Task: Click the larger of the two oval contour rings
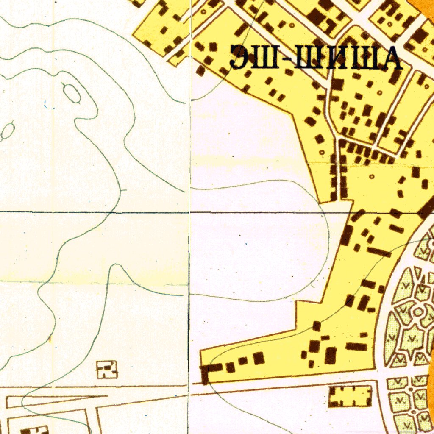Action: coord(72,93)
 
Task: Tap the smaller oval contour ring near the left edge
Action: coord(8,131)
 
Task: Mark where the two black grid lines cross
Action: coord(189,211)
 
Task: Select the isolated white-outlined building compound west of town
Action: coord(106,370)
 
